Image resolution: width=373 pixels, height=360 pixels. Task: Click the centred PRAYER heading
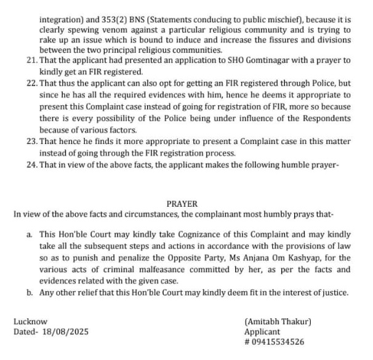click(182, 203)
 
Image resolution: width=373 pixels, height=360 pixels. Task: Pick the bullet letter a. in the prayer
click(30, 234)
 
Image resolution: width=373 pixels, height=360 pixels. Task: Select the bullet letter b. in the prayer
click(30, 293)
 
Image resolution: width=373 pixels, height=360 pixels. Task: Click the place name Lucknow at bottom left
click(30, 321)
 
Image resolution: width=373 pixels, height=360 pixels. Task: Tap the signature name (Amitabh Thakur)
click(278, 321)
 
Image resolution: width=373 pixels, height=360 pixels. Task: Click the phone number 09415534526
click(278, 342)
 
